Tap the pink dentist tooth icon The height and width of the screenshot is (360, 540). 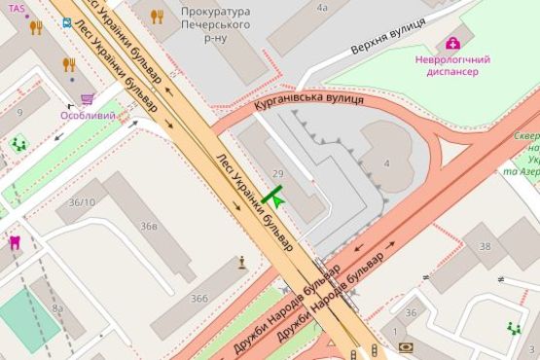[x=15, y=241]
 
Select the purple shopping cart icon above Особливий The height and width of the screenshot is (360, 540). [x=88, y=99]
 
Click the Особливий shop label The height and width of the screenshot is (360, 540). [x=88, y=116]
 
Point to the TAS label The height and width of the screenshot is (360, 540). [x=18, y=8]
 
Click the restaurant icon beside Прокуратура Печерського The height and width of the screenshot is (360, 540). [x=158, y=17]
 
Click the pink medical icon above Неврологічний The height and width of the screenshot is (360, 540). [x=452, y=42]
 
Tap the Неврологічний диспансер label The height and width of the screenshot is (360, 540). [x=452, y=66]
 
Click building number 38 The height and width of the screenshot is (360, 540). [x=485, y=246]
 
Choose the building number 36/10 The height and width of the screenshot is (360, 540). [x=82, y=202]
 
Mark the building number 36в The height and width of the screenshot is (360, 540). [x=148, y=226]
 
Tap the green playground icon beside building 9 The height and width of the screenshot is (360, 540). [x=18, y=144]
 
